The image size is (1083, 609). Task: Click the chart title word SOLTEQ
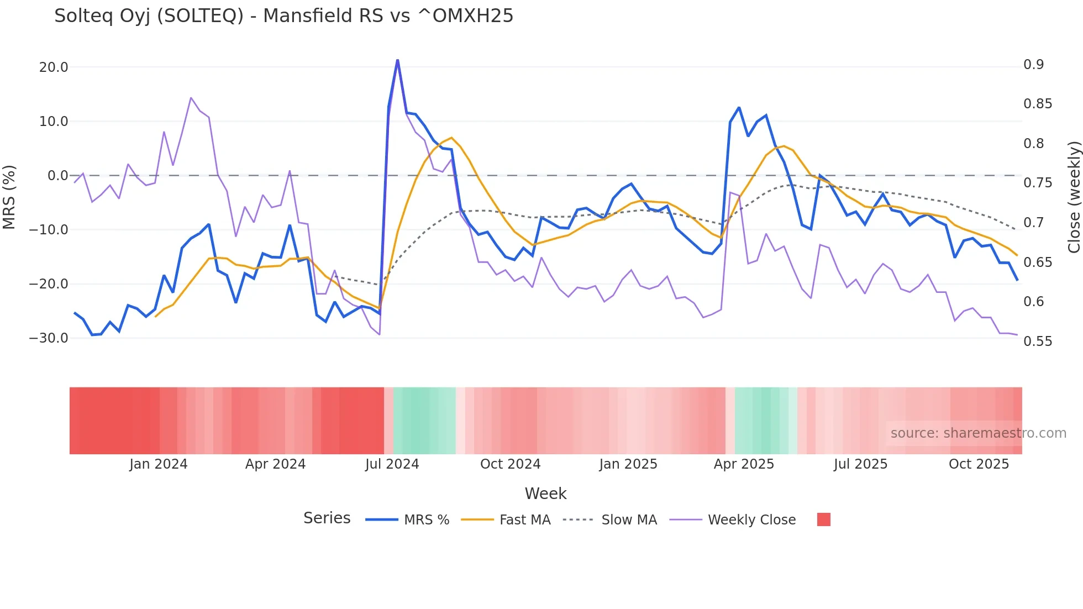click(201, 16)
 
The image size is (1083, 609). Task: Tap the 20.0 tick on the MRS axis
click(54, 67)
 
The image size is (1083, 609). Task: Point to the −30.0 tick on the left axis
click(49, 338)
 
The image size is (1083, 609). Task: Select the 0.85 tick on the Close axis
click(1037, 104)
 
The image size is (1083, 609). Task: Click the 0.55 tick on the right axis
click(1037, 341)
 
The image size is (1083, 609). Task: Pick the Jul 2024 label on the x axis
click(392, 464)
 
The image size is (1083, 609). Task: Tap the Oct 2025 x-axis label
click(979, 464)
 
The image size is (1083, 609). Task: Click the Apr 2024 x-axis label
click(275, 464)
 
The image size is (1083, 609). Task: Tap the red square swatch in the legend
click(823, 519)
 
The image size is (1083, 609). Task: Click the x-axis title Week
click(545, 494)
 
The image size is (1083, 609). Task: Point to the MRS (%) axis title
click(9, 197)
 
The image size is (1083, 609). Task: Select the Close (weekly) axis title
click(1073, 197)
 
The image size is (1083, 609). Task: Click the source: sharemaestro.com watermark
click(978, 433)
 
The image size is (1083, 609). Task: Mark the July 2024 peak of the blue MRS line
click(397, 60)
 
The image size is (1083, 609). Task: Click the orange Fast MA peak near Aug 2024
click(451, 138)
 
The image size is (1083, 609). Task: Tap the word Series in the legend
click(327, 518)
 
